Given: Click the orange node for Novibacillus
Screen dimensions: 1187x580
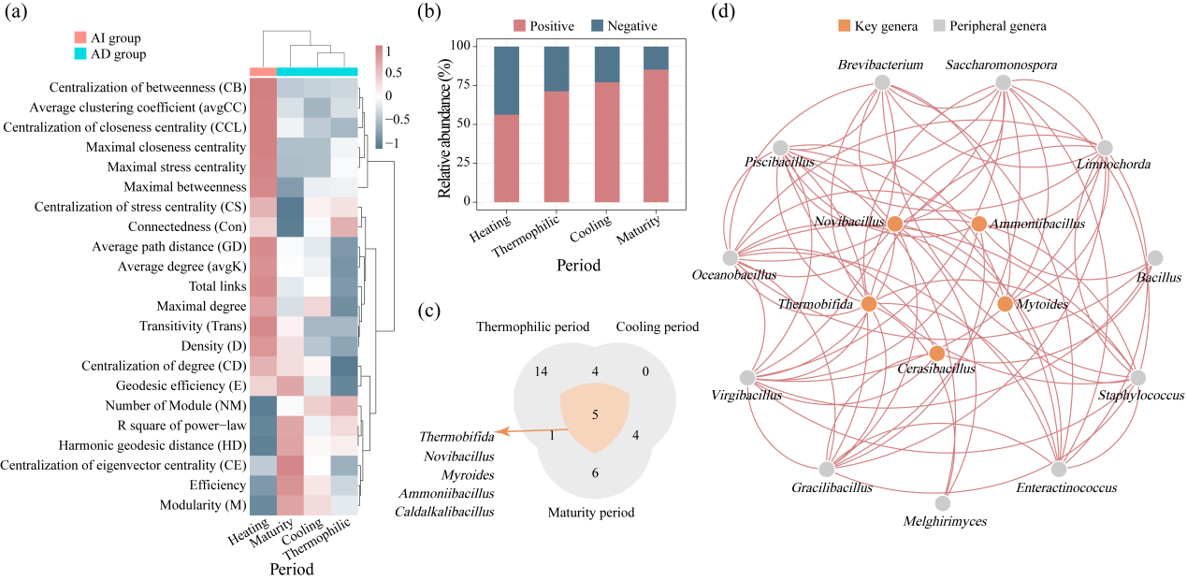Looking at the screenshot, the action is click(895, 224).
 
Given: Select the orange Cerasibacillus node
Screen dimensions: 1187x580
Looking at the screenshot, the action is click(937, 353).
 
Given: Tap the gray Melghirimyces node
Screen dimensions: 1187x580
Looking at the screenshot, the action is click(943, 502).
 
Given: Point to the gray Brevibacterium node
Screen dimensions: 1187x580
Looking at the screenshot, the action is click(882, 82).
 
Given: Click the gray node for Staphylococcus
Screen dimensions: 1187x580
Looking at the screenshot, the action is click(1138, 378).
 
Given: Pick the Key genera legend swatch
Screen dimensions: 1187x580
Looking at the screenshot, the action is click(844, 25).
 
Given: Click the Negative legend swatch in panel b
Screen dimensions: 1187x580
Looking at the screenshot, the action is click(597, 25).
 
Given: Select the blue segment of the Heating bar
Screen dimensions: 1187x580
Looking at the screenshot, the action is click(506, 80).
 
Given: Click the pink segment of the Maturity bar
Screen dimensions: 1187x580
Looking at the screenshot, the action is click(656, 136).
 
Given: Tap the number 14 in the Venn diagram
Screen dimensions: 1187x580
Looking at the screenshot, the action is click(541, 371).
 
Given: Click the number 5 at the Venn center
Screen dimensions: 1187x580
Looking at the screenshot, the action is click(595, 414).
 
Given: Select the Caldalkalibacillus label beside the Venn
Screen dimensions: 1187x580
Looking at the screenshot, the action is click(444, 512).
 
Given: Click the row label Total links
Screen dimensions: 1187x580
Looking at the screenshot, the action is click(217, 286).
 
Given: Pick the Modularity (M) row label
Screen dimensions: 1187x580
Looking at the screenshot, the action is click(203, 505).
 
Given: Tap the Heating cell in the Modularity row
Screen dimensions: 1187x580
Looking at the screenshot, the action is click(264, 505).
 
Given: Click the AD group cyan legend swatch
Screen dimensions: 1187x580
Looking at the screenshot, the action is click(80, 53).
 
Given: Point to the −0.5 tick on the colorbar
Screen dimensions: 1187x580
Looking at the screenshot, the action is click(398, 120).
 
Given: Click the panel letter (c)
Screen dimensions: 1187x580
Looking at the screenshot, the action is click(428, 311).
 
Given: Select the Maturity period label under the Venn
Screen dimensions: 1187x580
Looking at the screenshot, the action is click(591, 513).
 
